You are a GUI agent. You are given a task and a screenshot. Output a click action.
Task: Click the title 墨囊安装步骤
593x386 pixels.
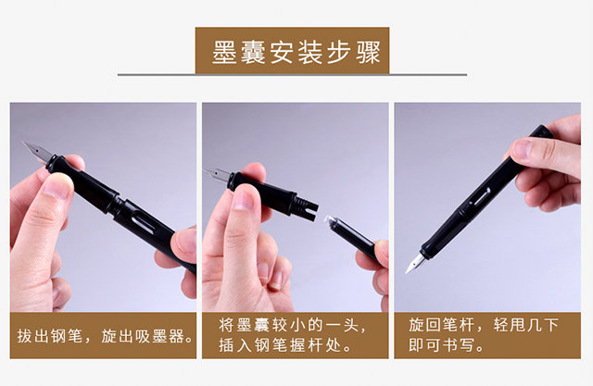coord(296,52)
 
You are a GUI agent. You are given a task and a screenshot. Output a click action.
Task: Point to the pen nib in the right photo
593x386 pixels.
coord(416,263)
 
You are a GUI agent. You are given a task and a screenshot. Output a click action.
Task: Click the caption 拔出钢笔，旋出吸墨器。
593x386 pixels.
coord(106,336)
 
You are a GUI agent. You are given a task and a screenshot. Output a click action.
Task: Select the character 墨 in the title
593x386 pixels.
coord(224,52)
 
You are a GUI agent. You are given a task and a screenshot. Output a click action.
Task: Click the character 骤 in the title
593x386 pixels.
coord(368,52)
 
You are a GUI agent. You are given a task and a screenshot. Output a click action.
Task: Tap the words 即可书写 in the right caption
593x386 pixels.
coord(441,345)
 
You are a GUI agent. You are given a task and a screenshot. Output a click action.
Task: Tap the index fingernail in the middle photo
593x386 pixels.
coord(243,198)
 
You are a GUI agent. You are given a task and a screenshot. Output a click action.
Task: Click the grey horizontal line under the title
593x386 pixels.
coord(292,75)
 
